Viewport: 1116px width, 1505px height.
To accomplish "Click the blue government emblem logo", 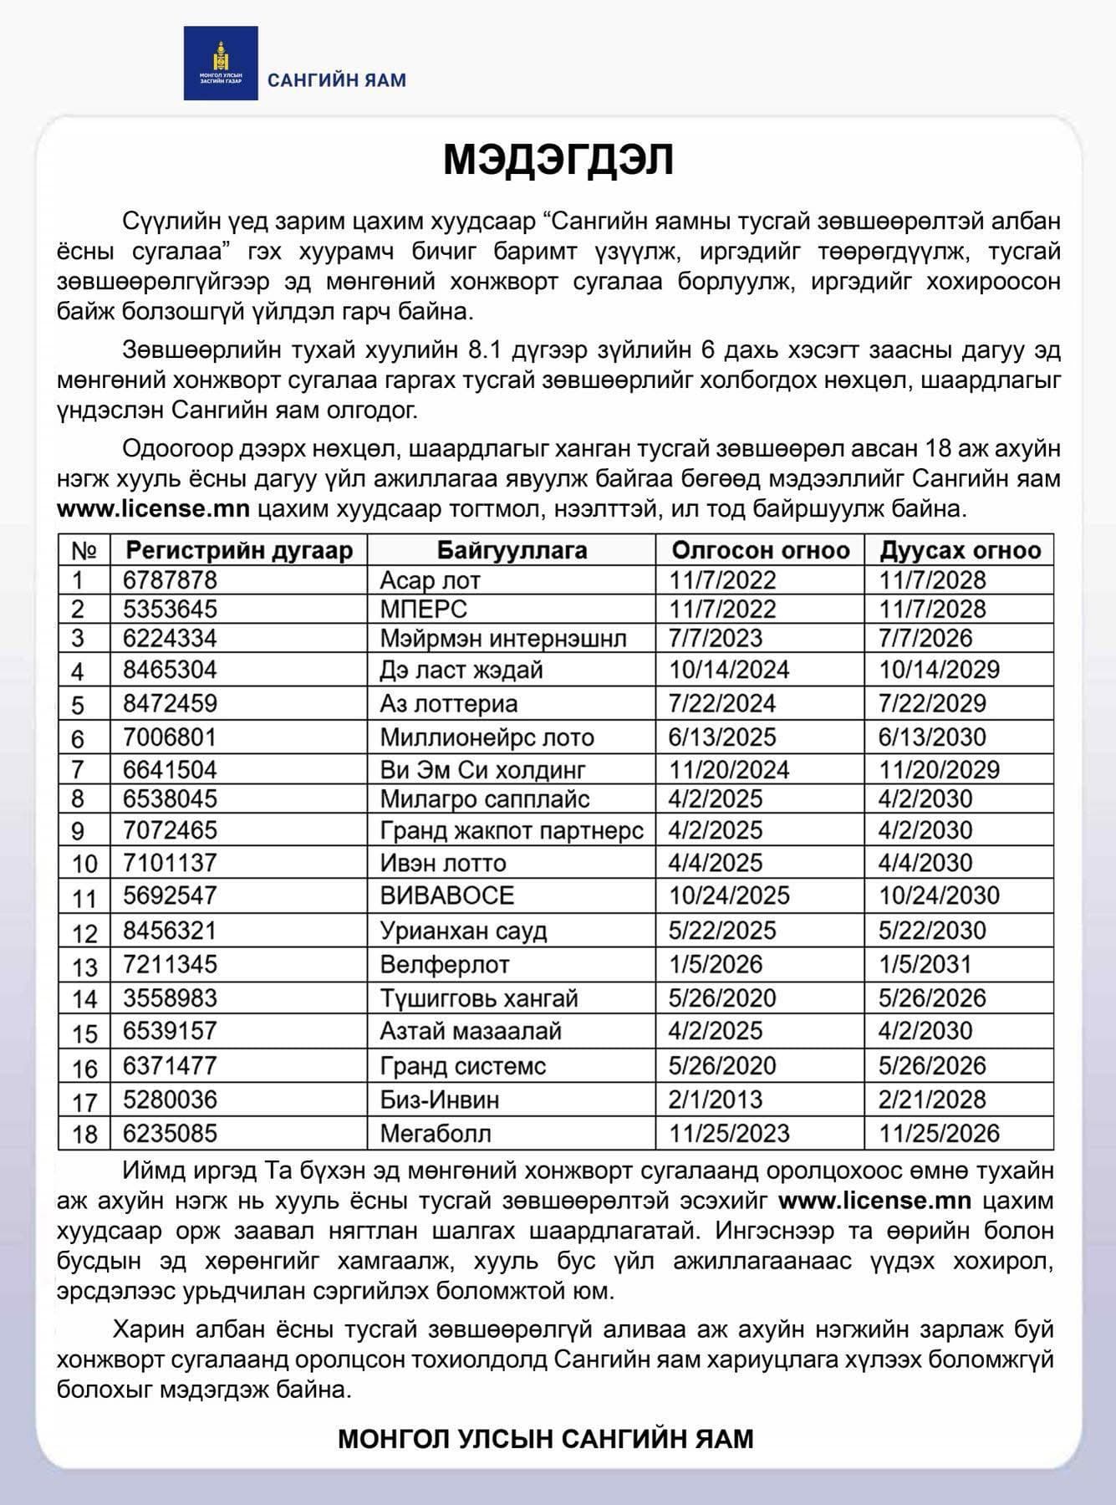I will [x=221, y=63].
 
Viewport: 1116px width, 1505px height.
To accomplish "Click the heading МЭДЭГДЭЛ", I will [x=558, y=160].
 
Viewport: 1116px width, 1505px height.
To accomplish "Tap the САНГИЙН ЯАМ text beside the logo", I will [x=337, y=80].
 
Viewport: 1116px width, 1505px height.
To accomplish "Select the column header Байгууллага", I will [x=512, y=550].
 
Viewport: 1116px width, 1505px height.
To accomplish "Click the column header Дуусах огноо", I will [x=960, y=550].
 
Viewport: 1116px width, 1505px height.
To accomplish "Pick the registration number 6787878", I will [x=170, y=580].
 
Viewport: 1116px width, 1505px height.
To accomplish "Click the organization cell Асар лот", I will [x=430, y=580].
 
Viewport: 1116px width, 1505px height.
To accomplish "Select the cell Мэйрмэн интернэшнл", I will [x=502, y=639].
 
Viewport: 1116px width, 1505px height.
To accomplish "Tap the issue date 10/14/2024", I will [x=729, y=670].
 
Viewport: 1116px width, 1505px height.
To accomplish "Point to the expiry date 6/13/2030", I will [x=932, y=737].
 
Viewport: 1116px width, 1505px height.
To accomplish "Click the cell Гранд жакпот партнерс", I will [x=512, y=830].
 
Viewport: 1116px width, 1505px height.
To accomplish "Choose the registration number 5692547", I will [x=170, y=895].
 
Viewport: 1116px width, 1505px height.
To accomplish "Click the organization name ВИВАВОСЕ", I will [x=446, y=895].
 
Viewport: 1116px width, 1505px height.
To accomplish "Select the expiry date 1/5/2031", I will [x=925, y=964].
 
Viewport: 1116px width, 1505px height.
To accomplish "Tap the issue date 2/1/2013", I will [x=716, y=1099].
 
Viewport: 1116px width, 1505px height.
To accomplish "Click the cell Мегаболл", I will [x=436, y=1134].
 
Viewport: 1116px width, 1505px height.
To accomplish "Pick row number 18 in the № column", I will [x=84, y=1135].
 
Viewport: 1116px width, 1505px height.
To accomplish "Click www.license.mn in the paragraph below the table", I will [x=874, y=1201].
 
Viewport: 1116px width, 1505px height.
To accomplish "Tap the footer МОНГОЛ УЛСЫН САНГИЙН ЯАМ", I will [x=546, y=1439].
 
